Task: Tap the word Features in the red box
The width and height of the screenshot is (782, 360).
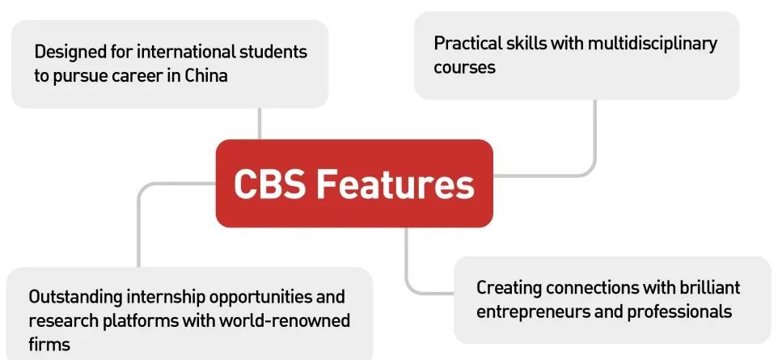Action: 395,184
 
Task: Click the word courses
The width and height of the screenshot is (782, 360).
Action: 464,67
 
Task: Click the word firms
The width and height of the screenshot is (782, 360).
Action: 49,344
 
